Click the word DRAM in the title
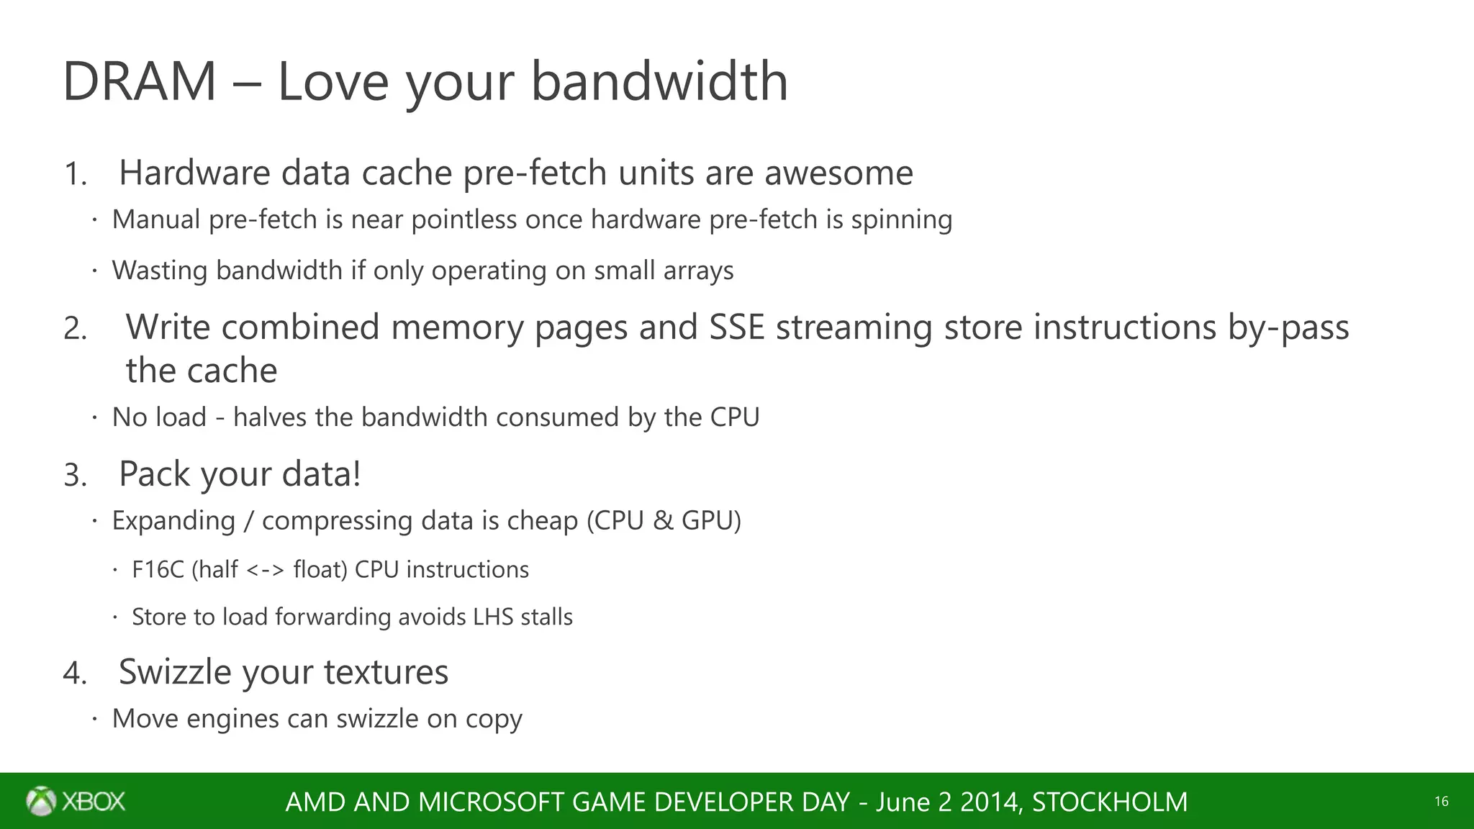coord(140,81)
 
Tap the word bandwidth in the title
coord(659,81)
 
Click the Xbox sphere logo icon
coord(41,801)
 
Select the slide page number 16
coord(1441,802)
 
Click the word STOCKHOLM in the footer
coord(1109,802)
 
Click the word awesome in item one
coord(838,173)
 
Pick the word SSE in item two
coord(736,327)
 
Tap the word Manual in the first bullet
coord(156,219)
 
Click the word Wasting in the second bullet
coord(160,271)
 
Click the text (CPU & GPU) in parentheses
coord(664,520)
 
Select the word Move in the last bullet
coord(145,718)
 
